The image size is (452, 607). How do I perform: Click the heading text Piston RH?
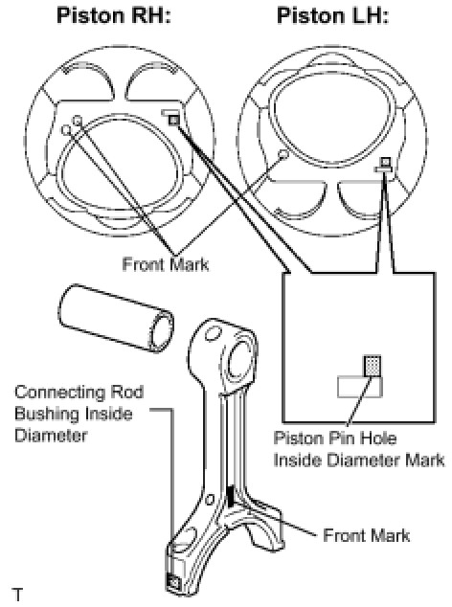114,15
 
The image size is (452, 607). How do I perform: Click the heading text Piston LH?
332,15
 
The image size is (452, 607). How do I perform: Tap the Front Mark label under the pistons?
166,264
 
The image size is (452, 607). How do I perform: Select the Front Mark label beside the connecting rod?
366,535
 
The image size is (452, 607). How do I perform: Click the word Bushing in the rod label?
46,414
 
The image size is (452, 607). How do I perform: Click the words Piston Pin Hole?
335,438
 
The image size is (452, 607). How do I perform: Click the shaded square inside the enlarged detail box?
373,366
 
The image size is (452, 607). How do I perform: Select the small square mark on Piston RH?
174,121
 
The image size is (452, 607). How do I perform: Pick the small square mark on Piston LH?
386,162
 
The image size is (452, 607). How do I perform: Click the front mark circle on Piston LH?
283,154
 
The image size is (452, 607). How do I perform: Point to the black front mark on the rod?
231,496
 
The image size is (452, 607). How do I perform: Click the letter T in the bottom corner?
18,594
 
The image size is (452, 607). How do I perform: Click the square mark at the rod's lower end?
173,582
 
